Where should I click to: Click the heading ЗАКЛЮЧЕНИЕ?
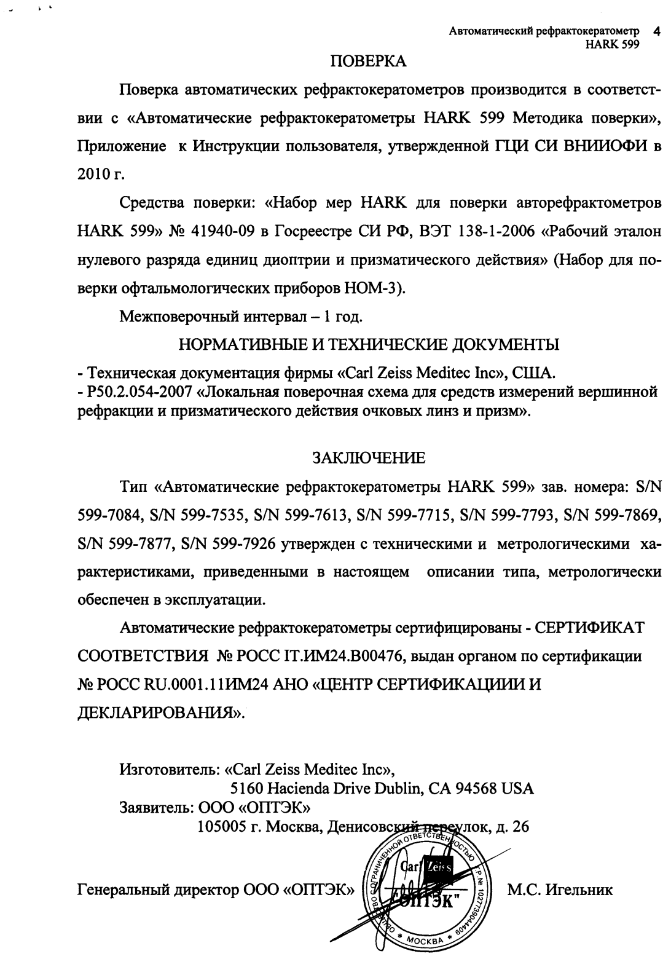pos(369,458)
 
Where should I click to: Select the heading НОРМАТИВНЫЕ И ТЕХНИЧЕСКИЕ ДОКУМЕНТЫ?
pos(369,345)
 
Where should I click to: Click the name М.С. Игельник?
pos(560,890)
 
